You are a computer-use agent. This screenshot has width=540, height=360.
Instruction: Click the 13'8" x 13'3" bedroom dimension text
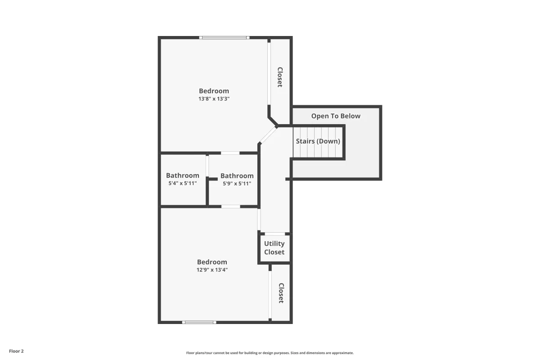click(214, 99)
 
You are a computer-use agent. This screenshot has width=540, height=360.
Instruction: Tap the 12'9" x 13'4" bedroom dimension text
click(212, 270)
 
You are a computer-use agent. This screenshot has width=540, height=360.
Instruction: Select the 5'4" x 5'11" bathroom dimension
click(183, 183)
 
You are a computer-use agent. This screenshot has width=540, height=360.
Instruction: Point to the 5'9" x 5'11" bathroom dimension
click(237, 184)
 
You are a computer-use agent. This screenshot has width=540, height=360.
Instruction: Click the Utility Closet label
click(274, 247)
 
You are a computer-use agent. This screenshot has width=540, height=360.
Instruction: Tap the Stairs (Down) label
click(318, 141)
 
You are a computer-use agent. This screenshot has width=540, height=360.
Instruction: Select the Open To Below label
click(336, 116)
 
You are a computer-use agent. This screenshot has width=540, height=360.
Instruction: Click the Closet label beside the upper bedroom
click(280, 77)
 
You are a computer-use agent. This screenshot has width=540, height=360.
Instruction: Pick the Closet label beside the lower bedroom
click(281, 293)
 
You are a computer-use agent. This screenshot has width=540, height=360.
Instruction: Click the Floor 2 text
click(16, 351)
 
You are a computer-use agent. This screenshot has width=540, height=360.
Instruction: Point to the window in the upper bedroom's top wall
click(224, 37)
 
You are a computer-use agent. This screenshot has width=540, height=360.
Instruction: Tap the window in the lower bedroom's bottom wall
click(199, 322)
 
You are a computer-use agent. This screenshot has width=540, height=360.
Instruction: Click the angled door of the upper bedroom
click(268, 135)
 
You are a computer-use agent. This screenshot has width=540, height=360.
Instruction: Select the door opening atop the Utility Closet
click(275, 234)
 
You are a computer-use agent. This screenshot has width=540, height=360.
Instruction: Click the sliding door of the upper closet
click(269, 74)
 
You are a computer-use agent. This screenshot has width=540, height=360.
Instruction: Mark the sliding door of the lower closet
click(270, 295)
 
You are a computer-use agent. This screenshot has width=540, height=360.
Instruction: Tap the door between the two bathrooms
click(207, 166)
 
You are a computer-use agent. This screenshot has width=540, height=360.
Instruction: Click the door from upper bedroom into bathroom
click(230, 153)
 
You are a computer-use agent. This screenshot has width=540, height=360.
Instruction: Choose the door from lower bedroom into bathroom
click(231, 207)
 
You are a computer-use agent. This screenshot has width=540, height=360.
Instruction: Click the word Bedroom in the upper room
click(214, 91)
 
